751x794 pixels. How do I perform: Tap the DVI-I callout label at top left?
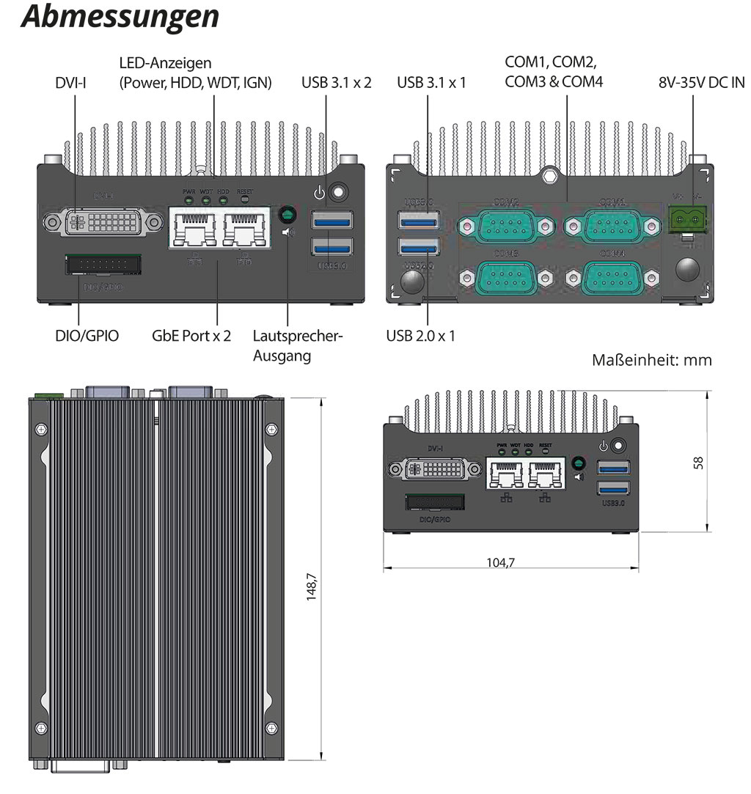tap(71, 82)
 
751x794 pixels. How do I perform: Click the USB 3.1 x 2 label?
tap(337, 82)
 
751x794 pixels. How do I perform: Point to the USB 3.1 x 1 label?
tap(431, 82)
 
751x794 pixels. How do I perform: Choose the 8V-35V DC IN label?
tap(701, 82)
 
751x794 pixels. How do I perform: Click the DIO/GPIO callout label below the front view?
tap(82, 336)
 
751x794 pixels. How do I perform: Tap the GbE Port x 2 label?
tap(191, 336)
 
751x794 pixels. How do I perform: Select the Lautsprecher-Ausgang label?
tap(298, 346)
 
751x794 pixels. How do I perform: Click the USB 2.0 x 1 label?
tap(420, 336)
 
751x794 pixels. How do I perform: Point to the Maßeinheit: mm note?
tap(651, 360)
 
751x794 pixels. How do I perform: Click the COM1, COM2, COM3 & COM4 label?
tap(554, 71)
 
